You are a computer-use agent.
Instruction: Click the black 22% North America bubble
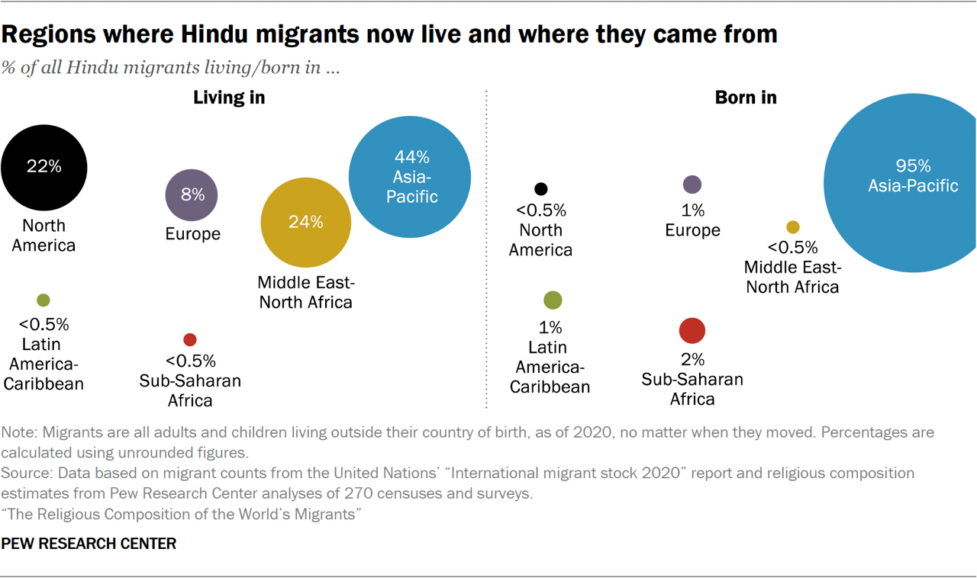44,168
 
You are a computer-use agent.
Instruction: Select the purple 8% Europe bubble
192,195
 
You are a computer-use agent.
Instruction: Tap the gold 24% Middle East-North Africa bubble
306,223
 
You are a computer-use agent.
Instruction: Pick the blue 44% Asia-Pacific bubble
410,177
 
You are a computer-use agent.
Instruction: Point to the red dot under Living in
190,339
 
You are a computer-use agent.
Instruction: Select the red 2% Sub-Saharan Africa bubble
692,330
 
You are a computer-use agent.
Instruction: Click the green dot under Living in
44,300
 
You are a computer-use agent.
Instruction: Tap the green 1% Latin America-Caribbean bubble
553,300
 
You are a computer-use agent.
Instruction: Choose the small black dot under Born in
541,189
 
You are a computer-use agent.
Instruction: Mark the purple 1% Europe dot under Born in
692,185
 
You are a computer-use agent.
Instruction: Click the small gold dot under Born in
793,227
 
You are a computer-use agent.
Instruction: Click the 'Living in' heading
229,98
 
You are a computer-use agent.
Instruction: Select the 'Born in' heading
746,98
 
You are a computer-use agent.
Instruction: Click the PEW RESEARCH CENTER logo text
89,544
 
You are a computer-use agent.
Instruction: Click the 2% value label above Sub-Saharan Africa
692,359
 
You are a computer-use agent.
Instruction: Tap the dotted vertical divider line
486,252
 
